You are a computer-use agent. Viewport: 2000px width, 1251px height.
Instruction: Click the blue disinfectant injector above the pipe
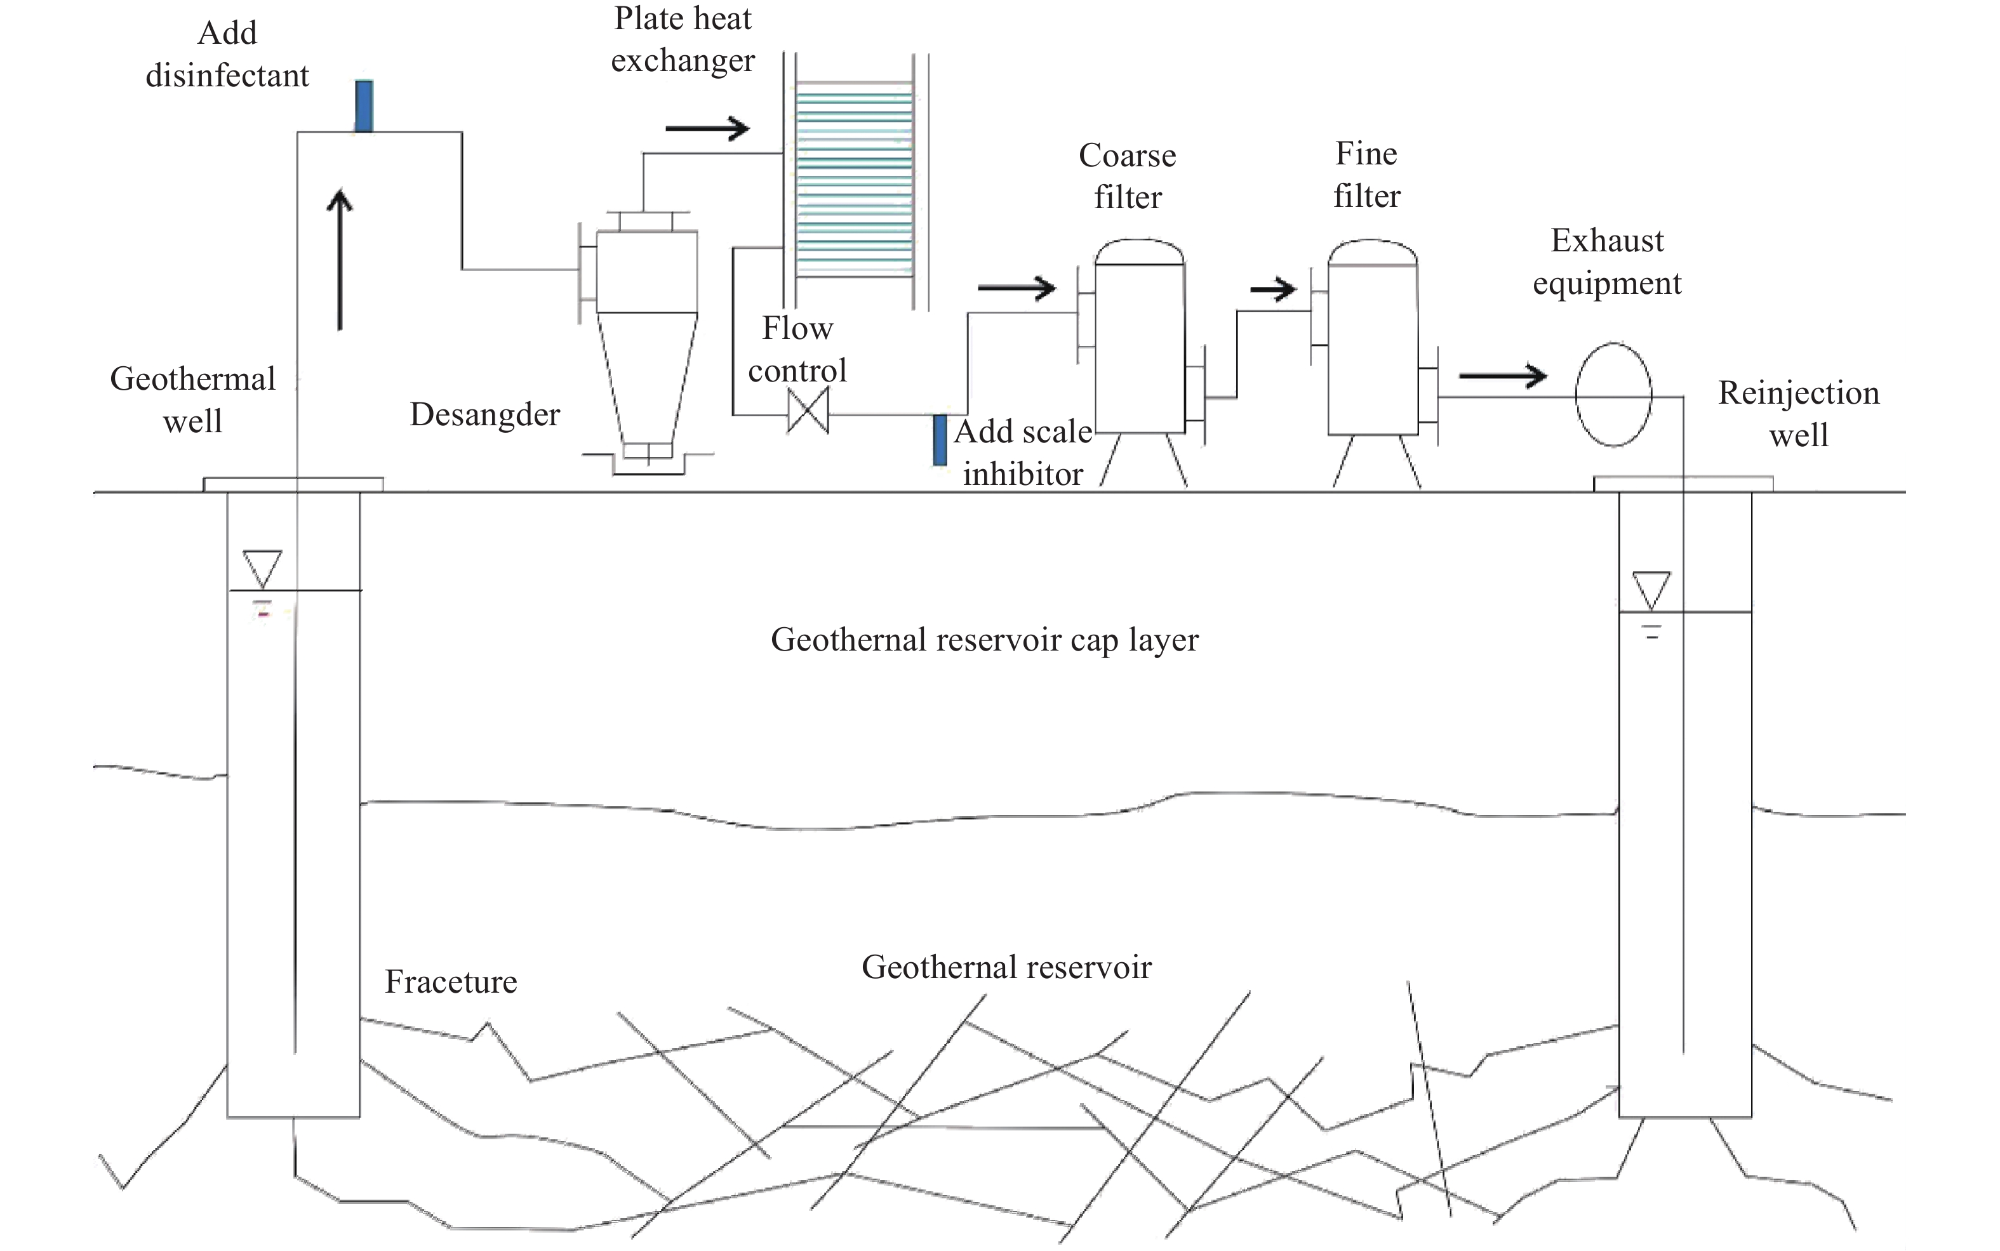[363, 105]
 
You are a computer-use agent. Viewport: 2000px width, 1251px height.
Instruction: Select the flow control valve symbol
[808, 412]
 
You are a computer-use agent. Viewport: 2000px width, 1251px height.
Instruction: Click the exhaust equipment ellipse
[1613, 395]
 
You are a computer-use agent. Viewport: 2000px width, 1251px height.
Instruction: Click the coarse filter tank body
[1140, 348]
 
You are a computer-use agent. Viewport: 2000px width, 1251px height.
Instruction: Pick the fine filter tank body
[1372, 348]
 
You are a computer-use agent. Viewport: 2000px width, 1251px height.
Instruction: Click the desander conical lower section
[647, 376]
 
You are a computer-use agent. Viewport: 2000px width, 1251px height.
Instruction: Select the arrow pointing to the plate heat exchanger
[707, 128]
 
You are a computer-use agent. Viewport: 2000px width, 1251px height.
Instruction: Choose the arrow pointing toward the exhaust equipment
[1502, 376]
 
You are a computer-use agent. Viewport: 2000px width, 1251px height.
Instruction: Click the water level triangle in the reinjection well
[1651, 590]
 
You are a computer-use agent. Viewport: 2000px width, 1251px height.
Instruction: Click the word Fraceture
[451, 982]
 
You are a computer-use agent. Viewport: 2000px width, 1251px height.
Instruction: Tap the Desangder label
[485, 414]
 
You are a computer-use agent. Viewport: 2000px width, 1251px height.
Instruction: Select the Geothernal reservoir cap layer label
[985, 640]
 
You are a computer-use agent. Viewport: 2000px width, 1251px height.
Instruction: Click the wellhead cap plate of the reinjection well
[1683, 483]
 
